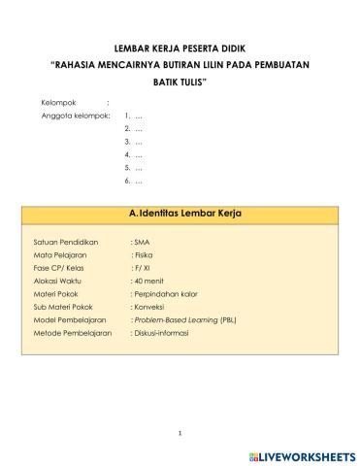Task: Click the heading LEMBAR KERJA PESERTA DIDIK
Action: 180,47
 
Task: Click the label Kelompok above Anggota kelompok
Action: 58,102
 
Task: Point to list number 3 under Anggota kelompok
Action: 127,141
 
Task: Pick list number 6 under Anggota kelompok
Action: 127,181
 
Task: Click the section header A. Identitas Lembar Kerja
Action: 184,212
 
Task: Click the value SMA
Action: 142,240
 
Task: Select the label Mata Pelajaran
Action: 63,253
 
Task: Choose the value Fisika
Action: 144,253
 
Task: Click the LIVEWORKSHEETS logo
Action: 302,454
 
